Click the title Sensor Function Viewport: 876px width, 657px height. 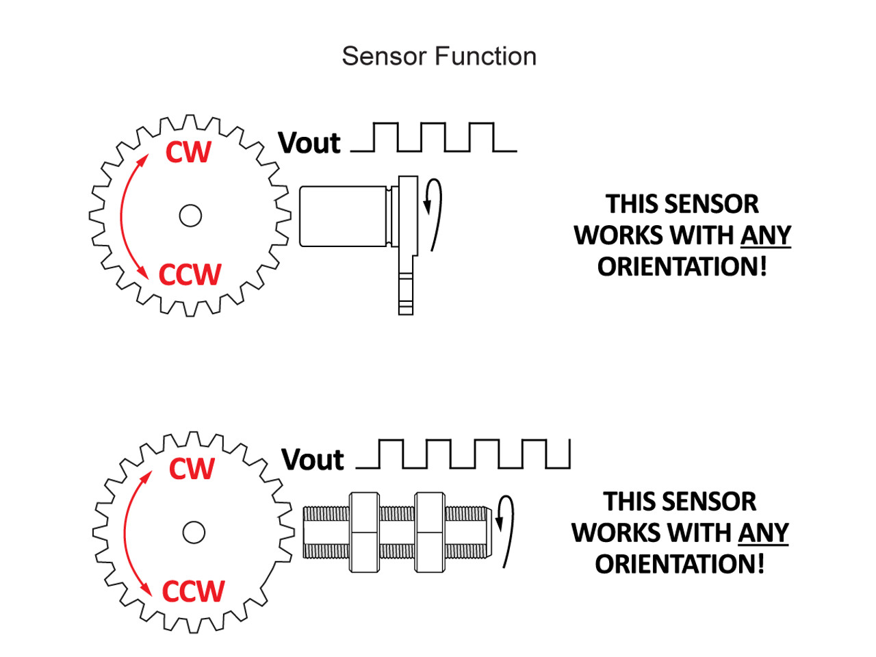tap(439, 56)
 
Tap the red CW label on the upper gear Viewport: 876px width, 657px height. tap(188, 152)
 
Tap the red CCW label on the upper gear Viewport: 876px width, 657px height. tap(190, 275)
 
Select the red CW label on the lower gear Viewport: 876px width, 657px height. tap(192, 469)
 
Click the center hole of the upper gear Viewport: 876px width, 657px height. tap(190, 216)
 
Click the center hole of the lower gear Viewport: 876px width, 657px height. tap(194, 532)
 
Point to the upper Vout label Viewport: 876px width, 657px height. tap(309, 144)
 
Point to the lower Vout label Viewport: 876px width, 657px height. tap(313, 460)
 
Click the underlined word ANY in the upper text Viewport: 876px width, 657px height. tap(765, 235)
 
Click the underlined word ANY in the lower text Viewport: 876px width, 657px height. tap(763, 532)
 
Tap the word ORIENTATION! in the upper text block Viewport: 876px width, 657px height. tap(682, 267)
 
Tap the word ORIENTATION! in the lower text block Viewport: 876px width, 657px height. tap(679, 565)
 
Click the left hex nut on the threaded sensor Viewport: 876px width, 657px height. tap(364, 532)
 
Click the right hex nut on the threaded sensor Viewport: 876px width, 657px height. tap(430, 532)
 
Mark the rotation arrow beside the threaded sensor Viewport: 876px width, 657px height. tap(505, 530)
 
